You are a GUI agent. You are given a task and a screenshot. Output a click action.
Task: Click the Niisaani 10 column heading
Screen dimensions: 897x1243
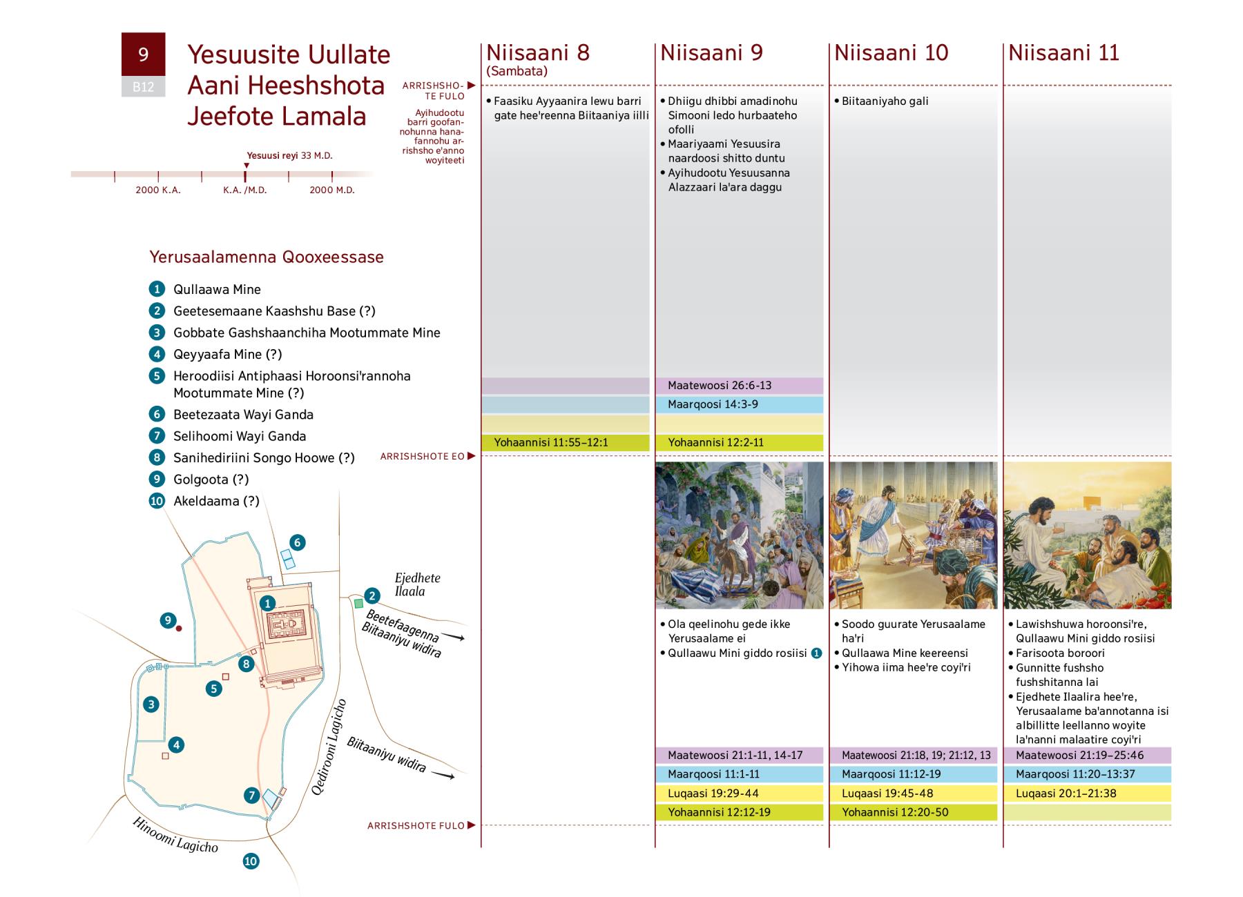coord(891,53)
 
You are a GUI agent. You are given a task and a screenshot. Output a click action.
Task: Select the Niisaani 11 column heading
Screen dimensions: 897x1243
coord(1063,53)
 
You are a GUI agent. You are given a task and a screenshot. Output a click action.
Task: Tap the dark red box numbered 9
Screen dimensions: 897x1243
coord(143,54)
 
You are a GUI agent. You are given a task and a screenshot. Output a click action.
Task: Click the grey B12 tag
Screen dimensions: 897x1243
coord(143,87)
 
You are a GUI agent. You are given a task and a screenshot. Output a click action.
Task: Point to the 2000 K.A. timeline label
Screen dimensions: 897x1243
coord(157,190)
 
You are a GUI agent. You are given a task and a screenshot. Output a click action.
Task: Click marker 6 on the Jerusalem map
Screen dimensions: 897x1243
coord(297,542)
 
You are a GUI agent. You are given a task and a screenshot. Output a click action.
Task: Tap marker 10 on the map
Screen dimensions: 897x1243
coord(251,860)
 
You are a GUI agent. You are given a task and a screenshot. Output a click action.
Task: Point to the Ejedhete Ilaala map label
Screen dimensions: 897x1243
coord(417,584)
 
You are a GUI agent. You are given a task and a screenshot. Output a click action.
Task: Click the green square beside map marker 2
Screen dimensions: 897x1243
coord(358,604)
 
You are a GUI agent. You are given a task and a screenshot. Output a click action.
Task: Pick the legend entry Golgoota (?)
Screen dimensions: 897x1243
coord(211,480)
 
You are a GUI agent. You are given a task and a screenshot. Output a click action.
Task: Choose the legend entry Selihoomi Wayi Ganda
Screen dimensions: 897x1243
coord(239,436)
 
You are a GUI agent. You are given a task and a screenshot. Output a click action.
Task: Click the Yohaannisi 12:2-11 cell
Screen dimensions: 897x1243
coord(715,443)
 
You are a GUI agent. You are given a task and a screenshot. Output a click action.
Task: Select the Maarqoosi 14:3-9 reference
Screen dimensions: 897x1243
coord(713,404)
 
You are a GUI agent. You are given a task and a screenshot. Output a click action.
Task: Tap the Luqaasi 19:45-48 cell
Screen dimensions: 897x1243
coord(887,793)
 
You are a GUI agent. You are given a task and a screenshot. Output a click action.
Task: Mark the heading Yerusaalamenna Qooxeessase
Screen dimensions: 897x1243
coord(267,257)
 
